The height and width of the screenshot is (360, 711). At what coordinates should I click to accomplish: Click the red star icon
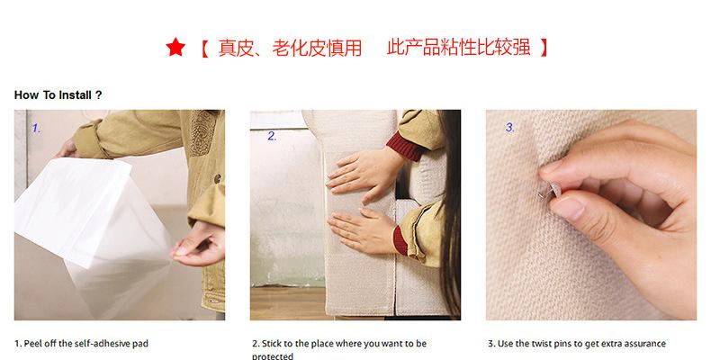(x=175, y=47)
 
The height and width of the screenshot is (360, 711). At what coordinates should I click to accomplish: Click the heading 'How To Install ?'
(x=58, y=95)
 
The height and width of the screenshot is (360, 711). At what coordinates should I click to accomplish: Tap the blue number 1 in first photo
(x=36, y=129)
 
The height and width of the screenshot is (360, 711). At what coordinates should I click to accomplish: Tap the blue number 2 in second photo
(x=272, y=136)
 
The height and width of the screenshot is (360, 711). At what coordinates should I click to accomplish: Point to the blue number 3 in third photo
(x=510, y=128)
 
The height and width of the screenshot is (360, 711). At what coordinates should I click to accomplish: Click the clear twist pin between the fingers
(x=550, y=191)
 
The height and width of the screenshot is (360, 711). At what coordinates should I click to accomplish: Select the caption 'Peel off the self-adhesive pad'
(x=85, y=344)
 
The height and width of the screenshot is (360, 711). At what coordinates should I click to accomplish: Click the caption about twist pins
(x=577, y=344)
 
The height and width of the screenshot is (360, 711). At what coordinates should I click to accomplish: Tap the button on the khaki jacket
(x=217, y=178)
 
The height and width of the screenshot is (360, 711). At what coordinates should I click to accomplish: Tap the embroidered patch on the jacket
(x=202, y=133)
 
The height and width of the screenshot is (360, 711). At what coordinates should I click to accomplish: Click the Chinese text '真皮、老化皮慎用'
(x=290, y=48)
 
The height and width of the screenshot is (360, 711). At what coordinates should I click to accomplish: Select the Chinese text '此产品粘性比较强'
(x=459, y=47)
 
